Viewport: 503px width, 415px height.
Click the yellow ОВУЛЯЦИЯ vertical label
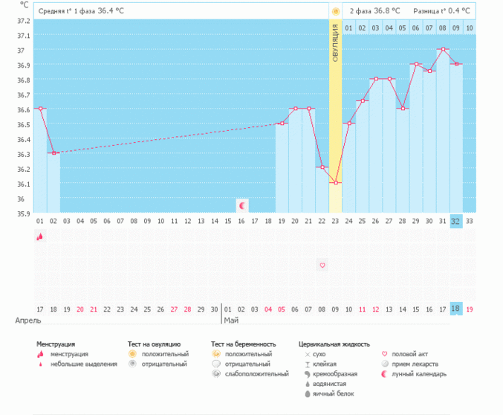coord(335,42)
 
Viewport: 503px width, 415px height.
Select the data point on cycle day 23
coord(335,182)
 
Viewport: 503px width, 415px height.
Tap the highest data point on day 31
coord(443,49)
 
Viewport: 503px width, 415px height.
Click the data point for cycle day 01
coord(40,109)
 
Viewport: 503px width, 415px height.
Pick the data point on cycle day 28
coord(403,109)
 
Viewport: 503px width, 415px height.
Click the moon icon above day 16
coord(241,204)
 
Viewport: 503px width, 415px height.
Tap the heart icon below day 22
coord(322,265)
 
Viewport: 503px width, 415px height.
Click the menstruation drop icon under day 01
coord(40,237)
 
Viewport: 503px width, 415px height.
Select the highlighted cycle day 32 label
coord(456,221)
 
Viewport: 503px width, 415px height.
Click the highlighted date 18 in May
coord(456,309)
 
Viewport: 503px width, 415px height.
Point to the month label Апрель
coord(28,321)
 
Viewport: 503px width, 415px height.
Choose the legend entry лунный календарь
coord(420,373)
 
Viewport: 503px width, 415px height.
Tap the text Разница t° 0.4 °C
coord(443,11)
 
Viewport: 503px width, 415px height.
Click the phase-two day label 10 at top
coord(469,28)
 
